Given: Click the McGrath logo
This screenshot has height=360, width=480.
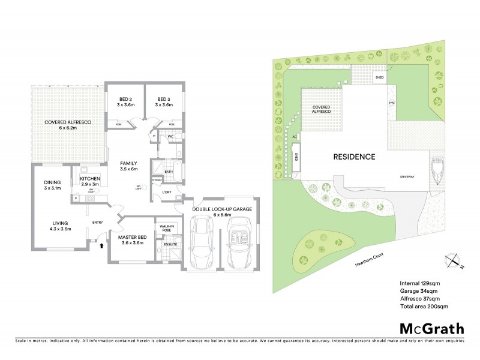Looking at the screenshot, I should [431, 328].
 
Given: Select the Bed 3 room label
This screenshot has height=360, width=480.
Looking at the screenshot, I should [164, 102].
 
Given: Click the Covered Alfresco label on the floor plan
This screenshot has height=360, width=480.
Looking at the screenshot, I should [68, 125].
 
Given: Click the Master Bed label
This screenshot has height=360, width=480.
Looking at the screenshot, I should [130, 240].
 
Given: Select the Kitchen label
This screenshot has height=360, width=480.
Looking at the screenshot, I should [91, 181].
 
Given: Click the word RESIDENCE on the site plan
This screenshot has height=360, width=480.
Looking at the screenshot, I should [355, 157].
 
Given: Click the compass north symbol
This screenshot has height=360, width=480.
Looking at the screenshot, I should [454, 260].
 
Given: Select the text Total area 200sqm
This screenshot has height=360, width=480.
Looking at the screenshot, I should [424, 307].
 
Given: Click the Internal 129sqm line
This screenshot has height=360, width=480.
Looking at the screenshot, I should [421, 283].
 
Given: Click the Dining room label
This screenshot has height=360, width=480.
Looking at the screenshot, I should [53, 185].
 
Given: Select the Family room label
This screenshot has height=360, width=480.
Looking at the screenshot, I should [129, 166].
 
